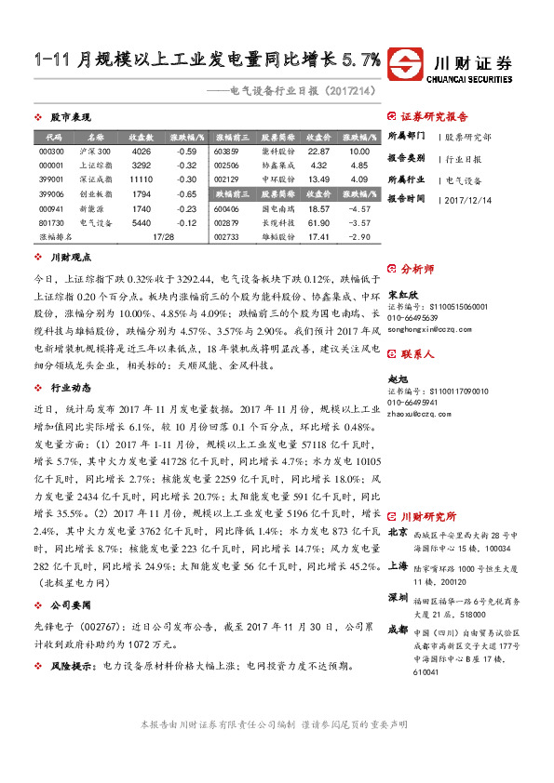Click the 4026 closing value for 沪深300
[x=142, y=152]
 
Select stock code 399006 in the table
[x=51, y=193]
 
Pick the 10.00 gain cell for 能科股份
[x=359, y=152]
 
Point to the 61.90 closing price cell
[x=319, y=223]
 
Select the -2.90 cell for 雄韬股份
[x=359, y=237]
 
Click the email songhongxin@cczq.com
[x=423, y=329]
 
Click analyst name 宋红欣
[x=400, y=295]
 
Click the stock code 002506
[x=227, y=166]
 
